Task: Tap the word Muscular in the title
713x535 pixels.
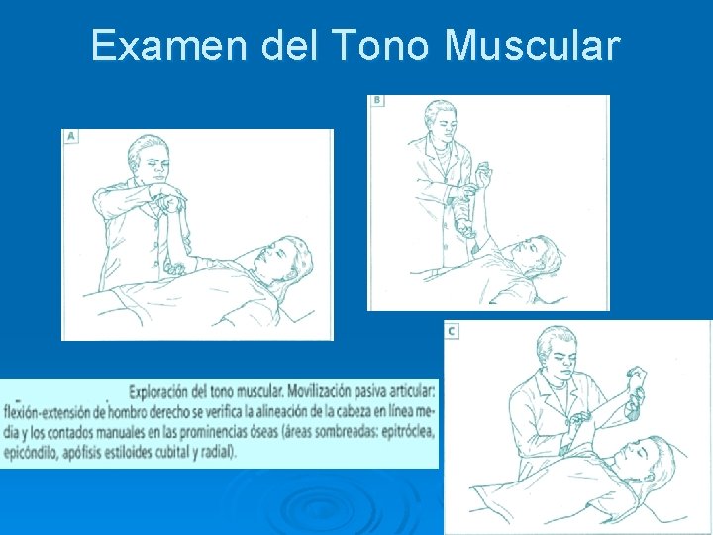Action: click(533, 47)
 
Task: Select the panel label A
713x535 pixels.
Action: click(71, 137)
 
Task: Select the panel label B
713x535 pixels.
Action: click(377, 101)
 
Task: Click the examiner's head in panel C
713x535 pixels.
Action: click(552, 350)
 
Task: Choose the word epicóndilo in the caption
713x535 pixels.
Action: click(36, 451)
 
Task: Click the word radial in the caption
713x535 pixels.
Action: click(217, 451)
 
